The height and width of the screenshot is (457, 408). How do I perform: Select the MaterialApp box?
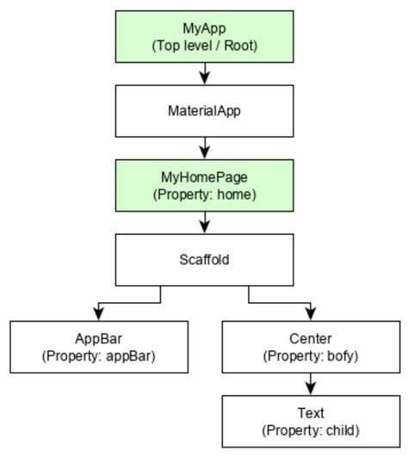point(204,110)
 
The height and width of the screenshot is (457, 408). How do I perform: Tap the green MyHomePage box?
point(204,186)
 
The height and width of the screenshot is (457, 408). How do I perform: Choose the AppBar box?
point(100,346)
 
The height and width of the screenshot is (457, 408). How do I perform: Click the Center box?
point(310,346)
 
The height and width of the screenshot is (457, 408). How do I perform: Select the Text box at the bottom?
point(310,421)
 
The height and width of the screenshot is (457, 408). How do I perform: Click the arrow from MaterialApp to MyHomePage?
point(204,148)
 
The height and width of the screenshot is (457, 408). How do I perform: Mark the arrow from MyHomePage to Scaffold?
point(204,224)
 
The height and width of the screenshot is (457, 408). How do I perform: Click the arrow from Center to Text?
point(310,384)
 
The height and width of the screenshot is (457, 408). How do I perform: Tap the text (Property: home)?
point(204,195)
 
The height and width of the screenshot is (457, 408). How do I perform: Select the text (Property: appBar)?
point(100,355)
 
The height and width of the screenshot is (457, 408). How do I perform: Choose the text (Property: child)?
point(310,429)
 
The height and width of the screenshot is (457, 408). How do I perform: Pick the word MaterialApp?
point(204,110)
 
